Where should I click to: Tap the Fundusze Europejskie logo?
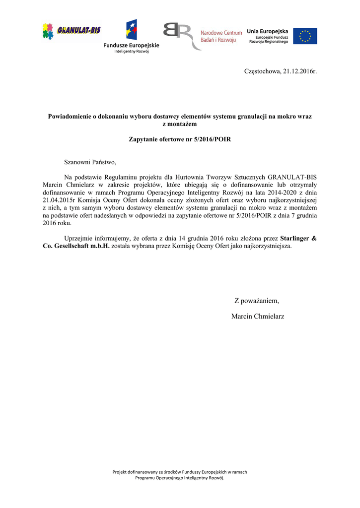click(132, 36)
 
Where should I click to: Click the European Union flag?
click(305, 36)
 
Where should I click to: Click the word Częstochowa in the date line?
click(262, 71)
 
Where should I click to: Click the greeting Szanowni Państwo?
click(90, 162)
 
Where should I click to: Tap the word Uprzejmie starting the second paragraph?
click(79, 238)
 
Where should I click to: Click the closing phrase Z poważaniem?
click(257, 301)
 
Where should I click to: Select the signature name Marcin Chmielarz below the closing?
click(258, 317)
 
